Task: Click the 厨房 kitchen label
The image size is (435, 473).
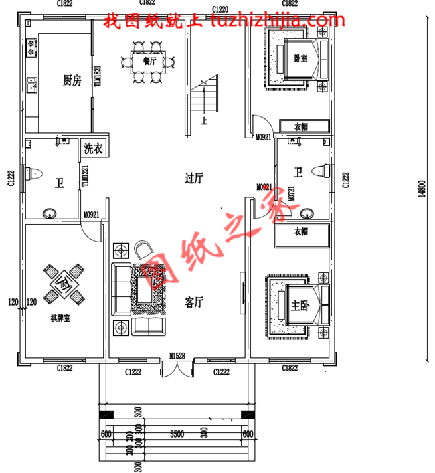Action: tap(72, 81)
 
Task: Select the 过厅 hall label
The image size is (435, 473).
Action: tap(193, 178)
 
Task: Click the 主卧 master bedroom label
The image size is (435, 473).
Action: tap(300, 306)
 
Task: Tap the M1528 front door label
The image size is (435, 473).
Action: tap(177, 356)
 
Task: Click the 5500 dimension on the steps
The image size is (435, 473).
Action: tap(176, 434)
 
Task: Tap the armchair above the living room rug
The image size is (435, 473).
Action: tap(143, 250)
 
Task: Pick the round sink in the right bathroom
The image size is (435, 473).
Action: tap(307, 213)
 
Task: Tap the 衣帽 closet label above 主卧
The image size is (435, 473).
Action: tap(302, 232)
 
